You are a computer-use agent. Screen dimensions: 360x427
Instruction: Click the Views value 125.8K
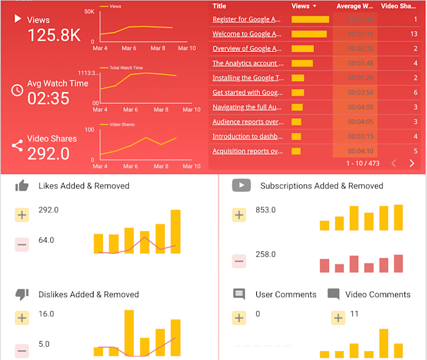[x=53, y=35]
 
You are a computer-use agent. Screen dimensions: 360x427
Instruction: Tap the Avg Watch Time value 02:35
[x=48, y=99]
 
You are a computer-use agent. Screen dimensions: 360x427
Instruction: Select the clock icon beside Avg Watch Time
[x=17, y=90]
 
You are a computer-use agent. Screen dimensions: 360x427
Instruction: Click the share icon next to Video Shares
[x=17, y=146]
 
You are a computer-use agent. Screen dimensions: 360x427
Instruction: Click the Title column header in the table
[x=219, y=6]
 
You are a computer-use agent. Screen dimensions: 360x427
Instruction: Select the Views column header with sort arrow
[x=304, y=6]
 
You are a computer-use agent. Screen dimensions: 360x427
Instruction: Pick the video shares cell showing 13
[x=413, y=34]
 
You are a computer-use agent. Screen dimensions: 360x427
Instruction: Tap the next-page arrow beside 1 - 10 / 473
[x=412, y=163]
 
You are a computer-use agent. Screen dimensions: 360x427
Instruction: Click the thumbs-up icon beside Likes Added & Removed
[x=22, y=185]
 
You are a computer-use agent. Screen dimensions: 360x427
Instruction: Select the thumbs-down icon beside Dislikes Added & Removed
[x=22, y=294]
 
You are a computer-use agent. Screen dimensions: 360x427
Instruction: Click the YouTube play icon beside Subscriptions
[x=241, y=185]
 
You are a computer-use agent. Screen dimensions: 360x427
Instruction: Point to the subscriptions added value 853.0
[x=266, y=210]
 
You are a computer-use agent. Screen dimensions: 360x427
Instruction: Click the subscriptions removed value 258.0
[x=266, y=254]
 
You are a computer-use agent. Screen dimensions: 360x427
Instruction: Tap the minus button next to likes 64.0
[x=22, y=244]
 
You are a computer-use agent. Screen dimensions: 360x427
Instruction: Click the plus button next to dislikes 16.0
[x=22, y=318]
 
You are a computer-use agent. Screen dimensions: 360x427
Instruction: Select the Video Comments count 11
[x=354, y=314]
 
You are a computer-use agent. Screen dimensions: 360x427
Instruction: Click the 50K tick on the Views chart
[x=89, y=12]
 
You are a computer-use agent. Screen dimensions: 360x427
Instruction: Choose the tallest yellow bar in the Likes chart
[x=175, y=231]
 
